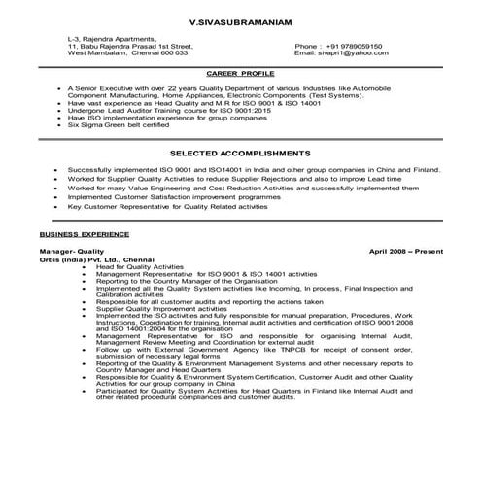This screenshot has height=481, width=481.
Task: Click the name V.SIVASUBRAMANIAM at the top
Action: (x=240, y=17)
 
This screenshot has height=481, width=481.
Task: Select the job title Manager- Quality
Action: (x=67, y=251)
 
